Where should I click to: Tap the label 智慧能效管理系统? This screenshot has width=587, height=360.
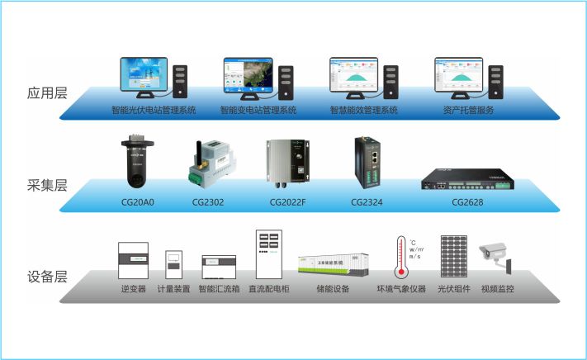pyautogui.click(x=363, y=110)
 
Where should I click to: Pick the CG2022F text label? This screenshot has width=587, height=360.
pyautogui.click(x=287, y=200)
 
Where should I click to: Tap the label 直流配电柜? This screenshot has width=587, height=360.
pyautogui.click(x=268, y=290)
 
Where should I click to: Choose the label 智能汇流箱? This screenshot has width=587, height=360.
pyautogui.click(x=219, y=290)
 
